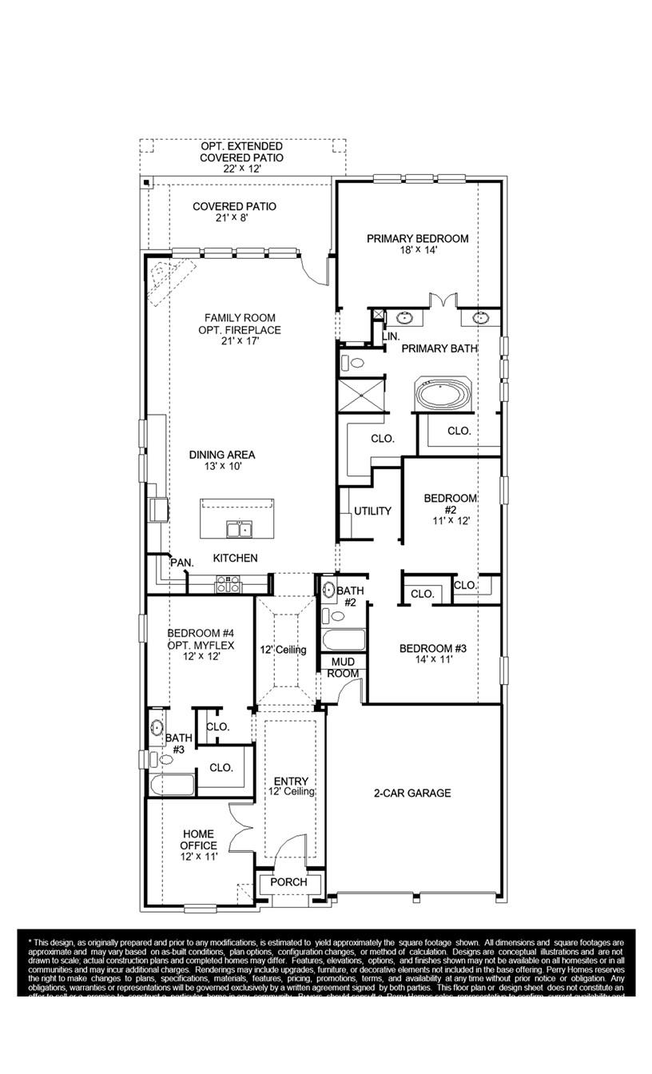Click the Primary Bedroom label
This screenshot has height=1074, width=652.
pos(417,238)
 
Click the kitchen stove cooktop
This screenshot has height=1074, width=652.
pos(228,585)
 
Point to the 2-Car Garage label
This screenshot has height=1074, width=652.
pos(412,794)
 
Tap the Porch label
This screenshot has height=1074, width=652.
pos(288,882)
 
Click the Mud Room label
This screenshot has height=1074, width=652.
pos(344,668)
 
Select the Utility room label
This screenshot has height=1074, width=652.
pos(372,511)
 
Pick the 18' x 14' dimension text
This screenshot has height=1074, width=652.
pos(417,250)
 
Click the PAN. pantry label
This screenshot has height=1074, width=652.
pos(182,563)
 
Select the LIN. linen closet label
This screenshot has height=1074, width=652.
pos(391,337)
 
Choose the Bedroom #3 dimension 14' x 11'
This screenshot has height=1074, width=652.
pos(434,660)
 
